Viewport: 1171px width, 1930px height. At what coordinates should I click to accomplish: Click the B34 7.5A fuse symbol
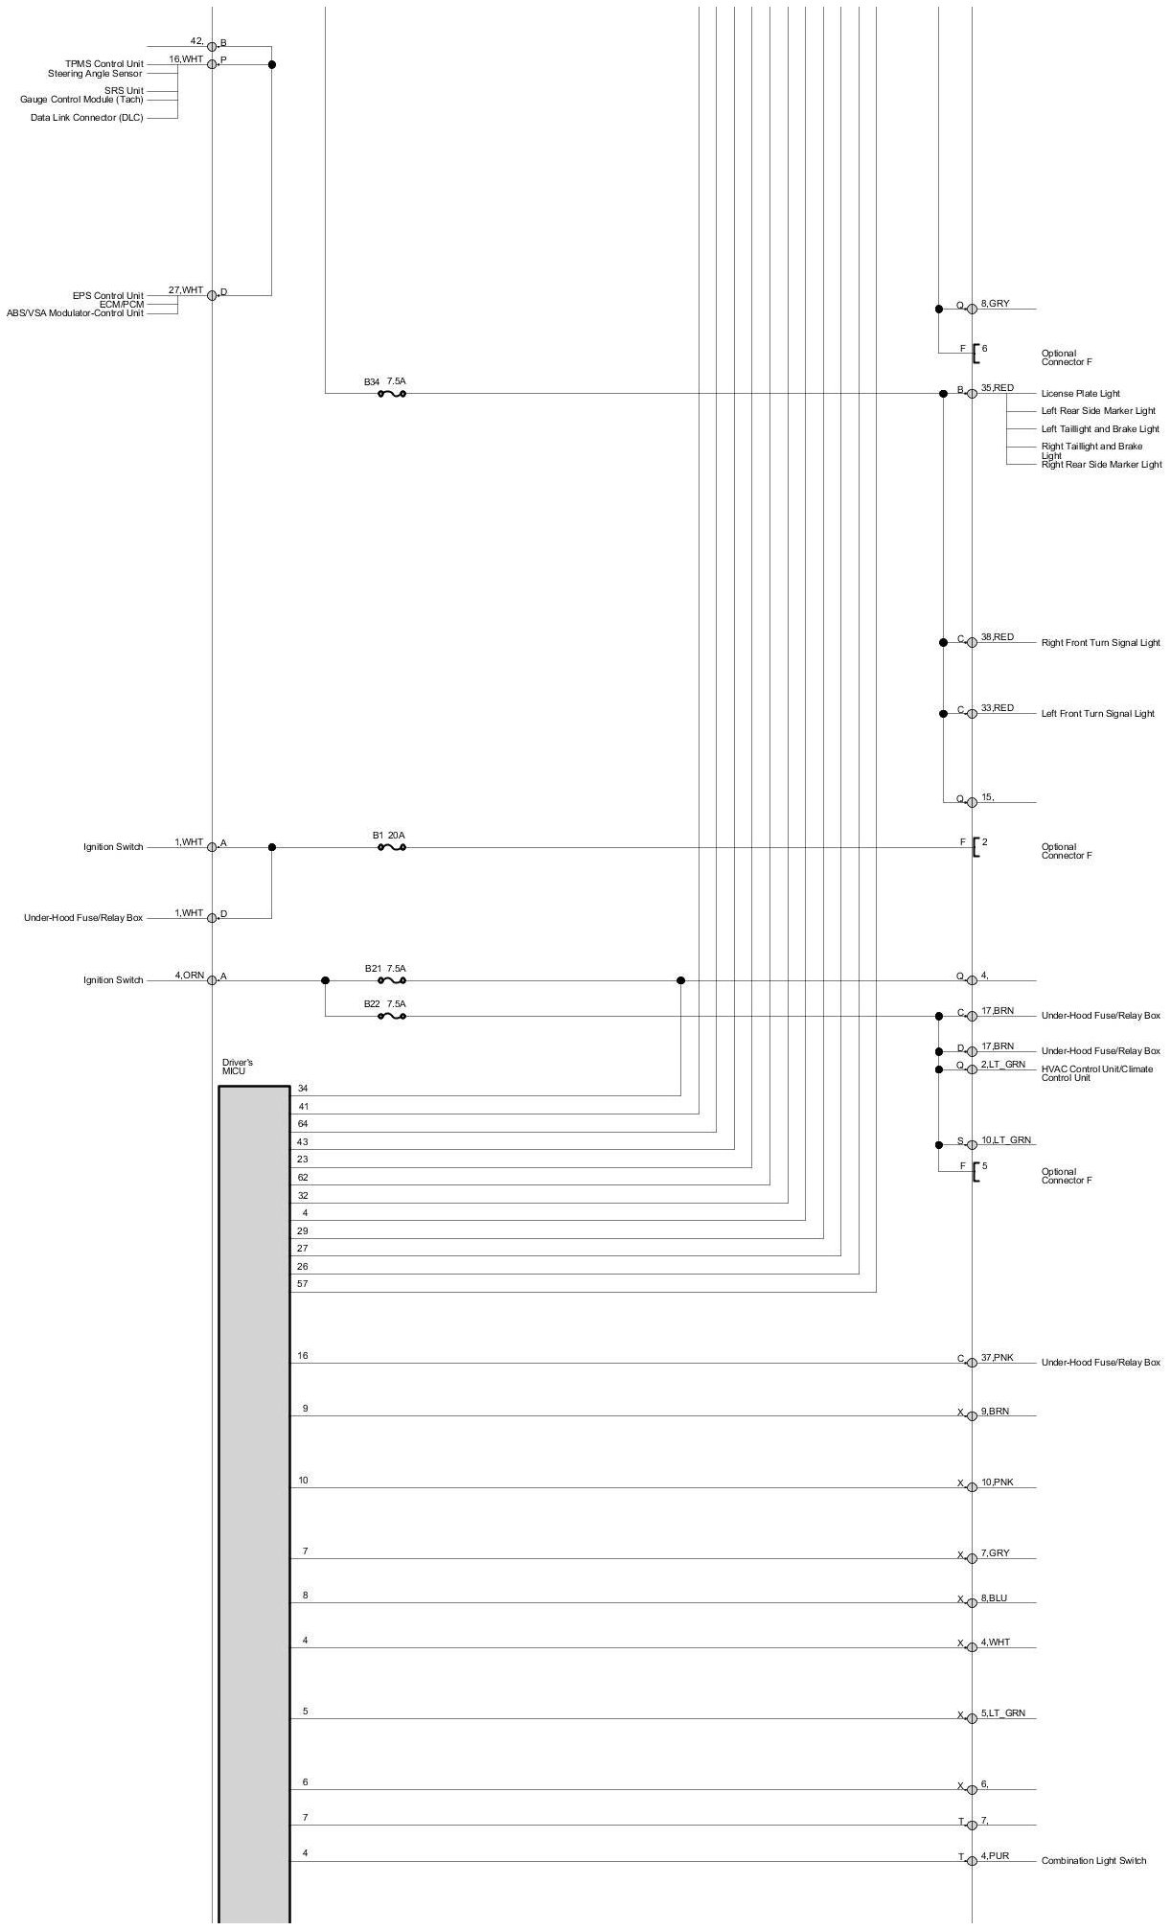click(392, 393)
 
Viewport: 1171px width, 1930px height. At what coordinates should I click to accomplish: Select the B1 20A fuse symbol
click(392, 847)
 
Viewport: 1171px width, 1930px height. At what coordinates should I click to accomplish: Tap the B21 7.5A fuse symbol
click(392, 980)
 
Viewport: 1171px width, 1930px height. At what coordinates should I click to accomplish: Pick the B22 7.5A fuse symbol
click(392, 1016)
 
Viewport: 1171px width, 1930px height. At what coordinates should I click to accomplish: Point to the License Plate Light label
click(1080, 394)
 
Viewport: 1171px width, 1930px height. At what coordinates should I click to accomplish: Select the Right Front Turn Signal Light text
click(1100, 643)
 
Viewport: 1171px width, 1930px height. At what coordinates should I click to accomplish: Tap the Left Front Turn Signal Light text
click(1097, 714)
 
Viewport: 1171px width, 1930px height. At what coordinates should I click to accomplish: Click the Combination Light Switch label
click(1093, 1861)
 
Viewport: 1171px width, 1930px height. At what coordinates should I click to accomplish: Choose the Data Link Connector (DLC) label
click(86, 118)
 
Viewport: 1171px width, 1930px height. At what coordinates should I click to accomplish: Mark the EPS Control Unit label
click(107, 296)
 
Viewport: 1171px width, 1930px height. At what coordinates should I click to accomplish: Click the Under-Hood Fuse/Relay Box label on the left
click(83, 918)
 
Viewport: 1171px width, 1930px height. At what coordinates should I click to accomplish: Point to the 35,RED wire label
click(997, 388)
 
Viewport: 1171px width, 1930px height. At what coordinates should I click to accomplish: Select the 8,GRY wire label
click(995, 304)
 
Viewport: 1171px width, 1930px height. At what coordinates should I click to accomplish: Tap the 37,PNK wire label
click(997, 1358)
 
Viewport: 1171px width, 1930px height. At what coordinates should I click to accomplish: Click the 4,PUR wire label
click(995, 1856)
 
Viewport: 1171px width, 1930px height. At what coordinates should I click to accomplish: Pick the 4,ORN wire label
click(189, 976)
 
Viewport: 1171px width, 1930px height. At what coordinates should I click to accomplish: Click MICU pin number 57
click(303, 1284)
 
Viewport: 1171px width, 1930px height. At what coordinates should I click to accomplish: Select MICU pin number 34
click(303, 1089)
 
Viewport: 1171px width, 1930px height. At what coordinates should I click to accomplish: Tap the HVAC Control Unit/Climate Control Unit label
click(1096, 1073)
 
